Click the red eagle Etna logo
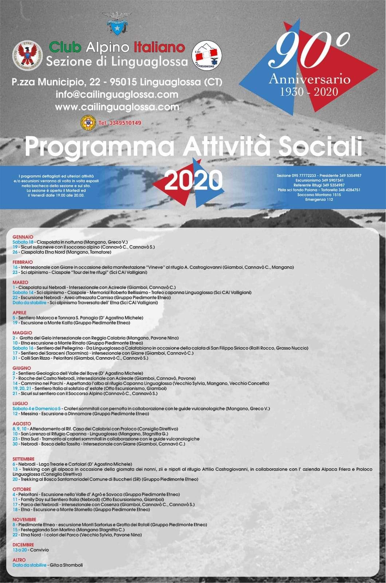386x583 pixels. click(x=28, y=55)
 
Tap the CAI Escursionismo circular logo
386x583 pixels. click(x=207, y=55)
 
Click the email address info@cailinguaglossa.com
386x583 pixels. click(x=117, y=94)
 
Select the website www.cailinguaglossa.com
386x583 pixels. click(x=117, y=107)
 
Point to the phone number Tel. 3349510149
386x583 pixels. click(x=120, y=123)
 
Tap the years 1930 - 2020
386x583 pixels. click(x=309, y=91)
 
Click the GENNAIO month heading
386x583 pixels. click(x=23, y=237)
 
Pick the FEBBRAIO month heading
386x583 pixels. click(x=23, y=262)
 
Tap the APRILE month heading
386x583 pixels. click(x=20, y=313)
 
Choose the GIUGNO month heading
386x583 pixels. click(x=21, y=368)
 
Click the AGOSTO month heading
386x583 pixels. click(x=22, y=424)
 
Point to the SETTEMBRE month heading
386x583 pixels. click(x=24, y=459)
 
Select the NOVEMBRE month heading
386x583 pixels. click(x=24, y=520)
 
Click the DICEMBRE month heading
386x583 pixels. click(x=23, y=545)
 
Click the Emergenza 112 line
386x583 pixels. click(x=319, y=199)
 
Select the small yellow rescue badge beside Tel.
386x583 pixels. click(x=88, y=123)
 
